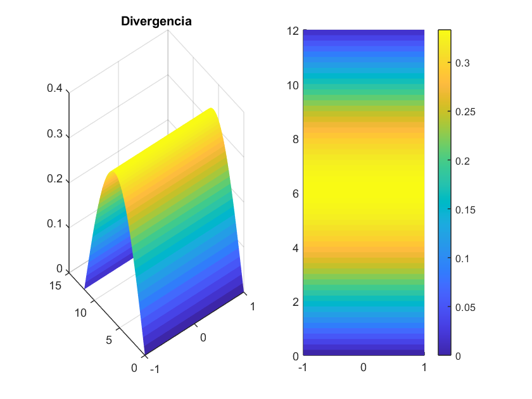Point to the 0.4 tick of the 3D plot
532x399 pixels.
pos(54,89)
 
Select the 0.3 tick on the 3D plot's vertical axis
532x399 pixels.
pos(54,134)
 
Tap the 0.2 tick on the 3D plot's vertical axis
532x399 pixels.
pos(54,179)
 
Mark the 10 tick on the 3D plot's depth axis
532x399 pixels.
pos(80,313)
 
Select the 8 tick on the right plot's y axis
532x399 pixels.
pos(295,139)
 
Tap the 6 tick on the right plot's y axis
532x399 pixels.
pos(295,193)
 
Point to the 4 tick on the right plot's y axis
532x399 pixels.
pos(295,248)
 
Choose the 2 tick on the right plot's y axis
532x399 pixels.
pos(295,301)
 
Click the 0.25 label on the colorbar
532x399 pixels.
pos(465,112)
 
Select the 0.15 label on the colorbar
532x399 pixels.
pos(465,210)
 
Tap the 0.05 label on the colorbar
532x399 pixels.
pos(465,307)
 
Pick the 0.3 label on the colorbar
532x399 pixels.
pos(463,63)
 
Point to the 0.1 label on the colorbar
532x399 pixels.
pos(463,258)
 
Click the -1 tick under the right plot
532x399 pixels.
pos(302,367)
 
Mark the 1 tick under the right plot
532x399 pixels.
pos(424,367)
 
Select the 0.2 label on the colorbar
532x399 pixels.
pos(463,161)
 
